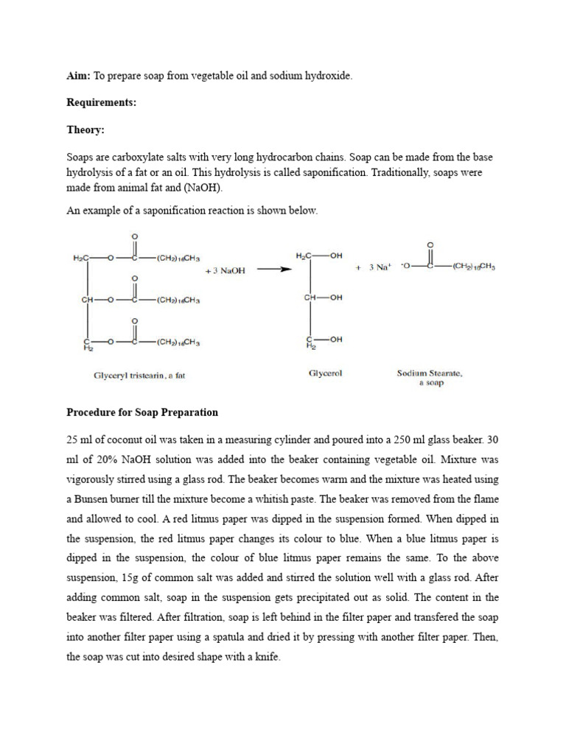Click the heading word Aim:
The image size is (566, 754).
(x=78, y=76)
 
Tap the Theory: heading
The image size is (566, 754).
(x=85, y=130)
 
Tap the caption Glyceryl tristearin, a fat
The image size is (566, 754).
(x=139, y=375)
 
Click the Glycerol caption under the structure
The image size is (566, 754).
(x=324, y=373)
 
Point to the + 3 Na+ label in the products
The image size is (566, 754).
(x=373, y=268)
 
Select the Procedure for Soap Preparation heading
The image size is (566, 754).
(x=142, y=412)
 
